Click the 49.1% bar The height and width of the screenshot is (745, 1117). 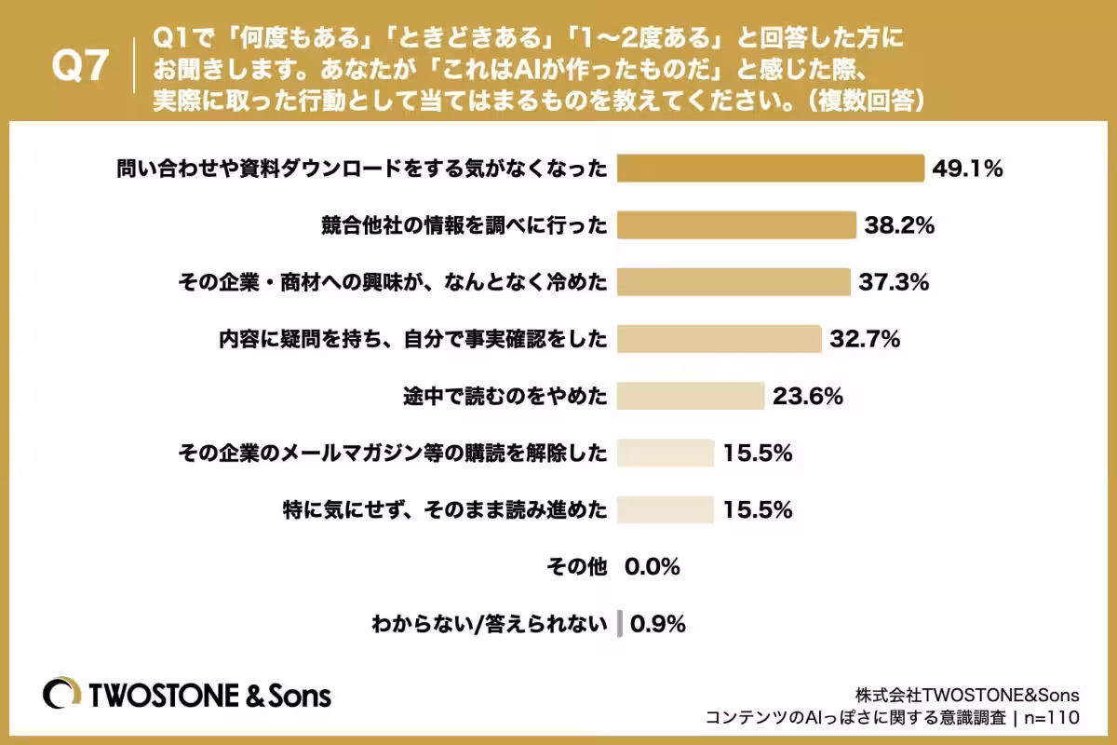(x=771, y=169)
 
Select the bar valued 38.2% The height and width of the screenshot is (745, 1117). (x=736, y=225)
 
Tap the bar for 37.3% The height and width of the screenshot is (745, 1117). (x=733, y=282)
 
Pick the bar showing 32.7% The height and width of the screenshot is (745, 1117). (x=719, y=339)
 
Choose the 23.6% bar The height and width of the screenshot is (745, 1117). (x=691, y=396)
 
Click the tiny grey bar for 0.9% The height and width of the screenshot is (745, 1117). (x=620, y=624)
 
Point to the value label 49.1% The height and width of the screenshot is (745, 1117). (x=967, y=169)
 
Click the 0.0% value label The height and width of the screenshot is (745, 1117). (x=653, y=567)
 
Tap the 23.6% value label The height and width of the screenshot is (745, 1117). (x=808, y=396)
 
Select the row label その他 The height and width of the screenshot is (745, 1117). (x=577, y=567)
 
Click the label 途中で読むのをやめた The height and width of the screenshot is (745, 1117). (x=505, y=396)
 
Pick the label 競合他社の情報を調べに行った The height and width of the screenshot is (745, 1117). (x=464, y=225)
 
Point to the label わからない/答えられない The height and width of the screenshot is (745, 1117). (x=490, y=624)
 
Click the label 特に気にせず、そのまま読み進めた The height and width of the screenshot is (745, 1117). (x=445, y=510)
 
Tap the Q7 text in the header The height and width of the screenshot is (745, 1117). (x=80, y=65)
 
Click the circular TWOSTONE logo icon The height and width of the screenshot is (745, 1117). (x=61, y=693)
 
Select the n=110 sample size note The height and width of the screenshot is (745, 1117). (x=1052, y=718)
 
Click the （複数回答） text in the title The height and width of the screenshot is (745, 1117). (x=866, y=101)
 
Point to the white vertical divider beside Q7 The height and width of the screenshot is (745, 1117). (x=134, y=65)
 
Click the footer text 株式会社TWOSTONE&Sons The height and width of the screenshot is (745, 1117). (x=967, y=695)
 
